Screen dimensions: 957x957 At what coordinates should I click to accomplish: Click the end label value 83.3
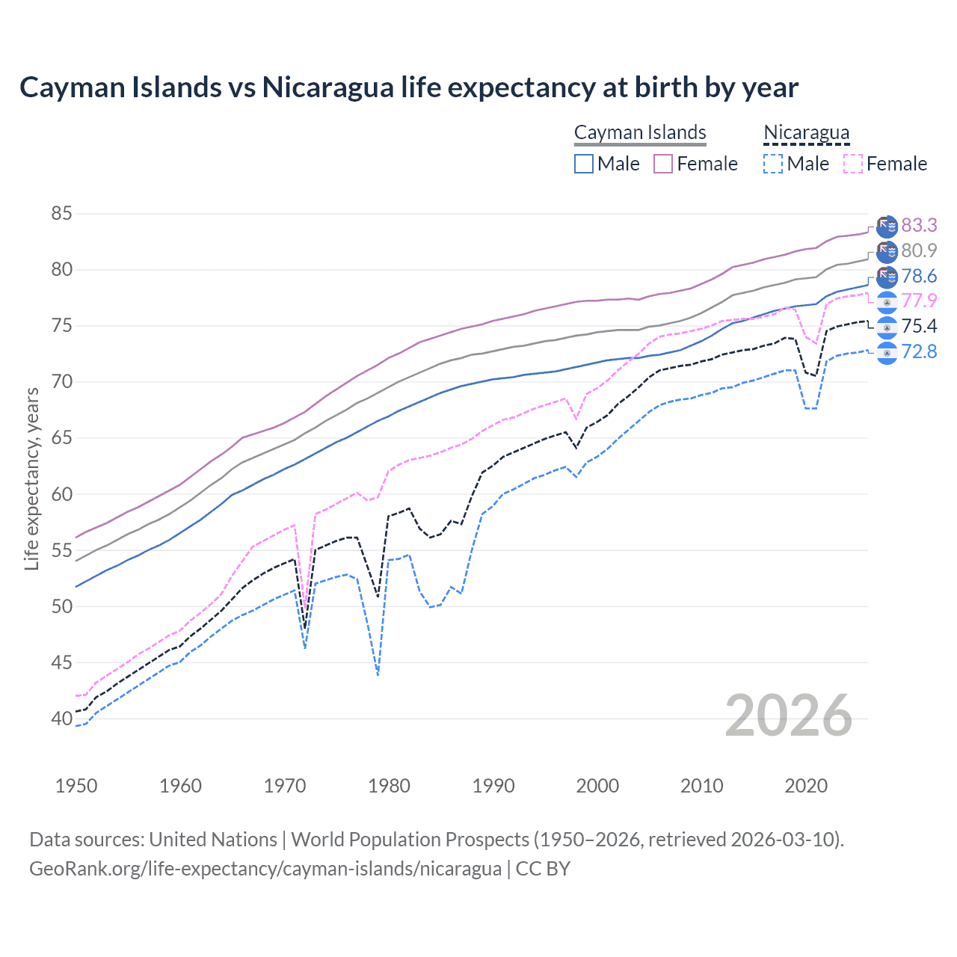[919, 225]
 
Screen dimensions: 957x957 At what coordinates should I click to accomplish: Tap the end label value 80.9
[919, 250]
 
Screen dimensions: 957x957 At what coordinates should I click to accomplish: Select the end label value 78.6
[919, 276]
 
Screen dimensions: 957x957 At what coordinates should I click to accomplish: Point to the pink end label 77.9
[919, 301]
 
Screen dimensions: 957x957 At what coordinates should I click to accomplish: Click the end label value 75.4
[919, 326]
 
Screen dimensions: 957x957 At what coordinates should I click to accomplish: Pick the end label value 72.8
[919, 351]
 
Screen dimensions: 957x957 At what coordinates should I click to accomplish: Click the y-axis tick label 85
[61, 214]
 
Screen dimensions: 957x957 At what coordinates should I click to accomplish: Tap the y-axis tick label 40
[61, 718]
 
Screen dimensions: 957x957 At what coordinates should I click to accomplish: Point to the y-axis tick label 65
[61, 438]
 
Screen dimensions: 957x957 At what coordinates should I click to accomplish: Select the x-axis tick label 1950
[76, 786]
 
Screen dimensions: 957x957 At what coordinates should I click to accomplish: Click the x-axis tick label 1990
[493, 786]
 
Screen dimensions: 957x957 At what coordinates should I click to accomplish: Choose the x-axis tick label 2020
[806, 786]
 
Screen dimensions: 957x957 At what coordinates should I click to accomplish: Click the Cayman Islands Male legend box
[584, 164]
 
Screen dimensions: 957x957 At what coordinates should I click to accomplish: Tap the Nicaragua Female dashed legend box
[853, 164]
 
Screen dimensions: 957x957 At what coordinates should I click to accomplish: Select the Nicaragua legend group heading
[806, 133]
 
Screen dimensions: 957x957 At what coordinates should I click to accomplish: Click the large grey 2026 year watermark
[789, 716]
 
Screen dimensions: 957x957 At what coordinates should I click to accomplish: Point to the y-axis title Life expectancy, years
[31, 478]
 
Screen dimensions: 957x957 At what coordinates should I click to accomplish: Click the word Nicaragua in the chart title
[327, 87]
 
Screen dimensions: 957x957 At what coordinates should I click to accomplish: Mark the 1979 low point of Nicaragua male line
[378, 674]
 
